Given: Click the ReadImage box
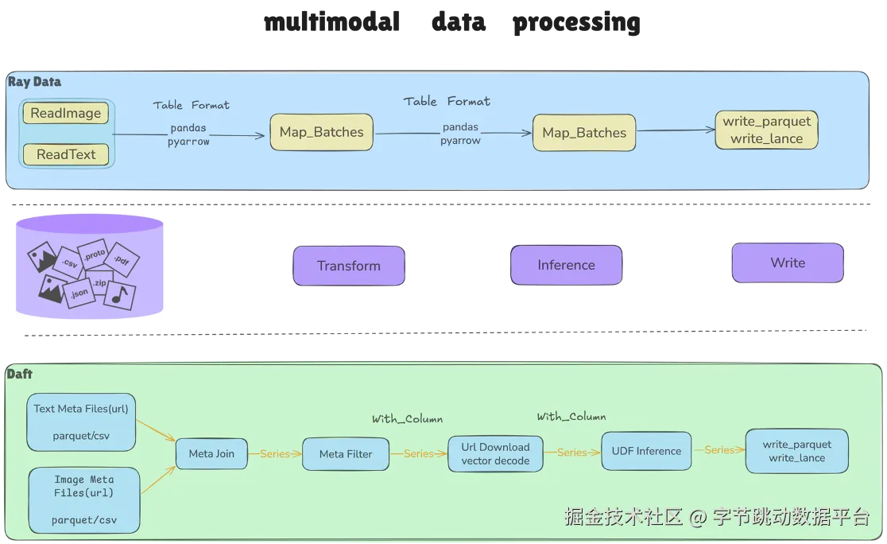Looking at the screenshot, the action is point(66,113).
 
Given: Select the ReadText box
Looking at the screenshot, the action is point(66,154).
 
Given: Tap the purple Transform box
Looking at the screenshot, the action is point(348,266).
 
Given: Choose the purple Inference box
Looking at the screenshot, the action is point(566,265).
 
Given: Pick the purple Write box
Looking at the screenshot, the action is point(788,262).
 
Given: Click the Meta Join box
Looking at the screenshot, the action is point(211,453).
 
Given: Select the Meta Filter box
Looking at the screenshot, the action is point(346,454).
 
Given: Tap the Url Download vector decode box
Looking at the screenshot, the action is point(495,454).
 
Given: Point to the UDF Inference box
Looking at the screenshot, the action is point(646,451).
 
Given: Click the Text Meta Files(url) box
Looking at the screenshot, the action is point(81,422).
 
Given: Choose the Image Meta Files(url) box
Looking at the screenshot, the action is point(84,499).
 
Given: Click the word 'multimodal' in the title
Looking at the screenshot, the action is point(332,22).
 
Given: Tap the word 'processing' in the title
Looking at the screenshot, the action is point(576,23).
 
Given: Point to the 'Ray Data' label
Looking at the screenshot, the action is point(34,81).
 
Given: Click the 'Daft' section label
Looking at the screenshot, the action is point(19,374).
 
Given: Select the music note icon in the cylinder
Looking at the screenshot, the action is point(120,296).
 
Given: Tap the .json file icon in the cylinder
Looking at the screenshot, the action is point(79,293).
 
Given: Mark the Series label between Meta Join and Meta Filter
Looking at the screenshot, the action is point(275,453).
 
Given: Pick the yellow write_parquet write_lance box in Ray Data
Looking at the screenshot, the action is point(766,130).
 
